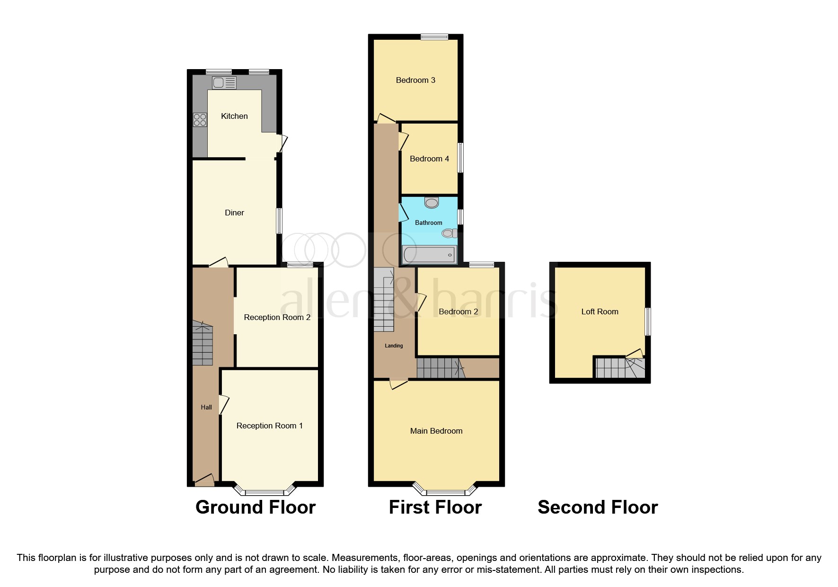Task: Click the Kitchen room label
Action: pos(234,116)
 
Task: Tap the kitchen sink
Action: pos(224,83)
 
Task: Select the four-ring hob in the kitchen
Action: pos(200,120)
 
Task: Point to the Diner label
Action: pos(234,213)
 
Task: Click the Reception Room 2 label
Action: pos(277,317)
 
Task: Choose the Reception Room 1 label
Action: pos(269,426)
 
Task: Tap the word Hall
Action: pos(206,407)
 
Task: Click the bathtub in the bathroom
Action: pos(429,255)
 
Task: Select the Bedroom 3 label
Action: pos(415,80)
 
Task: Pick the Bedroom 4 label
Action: pos(429,159)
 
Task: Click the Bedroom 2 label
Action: pos(458,311)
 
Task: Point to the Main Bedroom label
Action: pos(436,431)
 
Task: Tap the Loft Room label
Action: pos(600,311)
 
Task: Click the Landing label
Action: pos(394,346)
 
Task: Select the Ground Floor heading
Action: pos(255,507)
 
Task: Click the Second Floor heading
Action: pos(598,507)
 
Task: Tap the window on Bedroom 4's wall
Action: pos(460,158)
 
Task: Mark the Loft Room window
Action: pos(648,322)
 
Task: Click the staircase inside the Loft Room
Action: pos(620,368)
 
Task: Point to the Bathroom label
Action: pos(428,222)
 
